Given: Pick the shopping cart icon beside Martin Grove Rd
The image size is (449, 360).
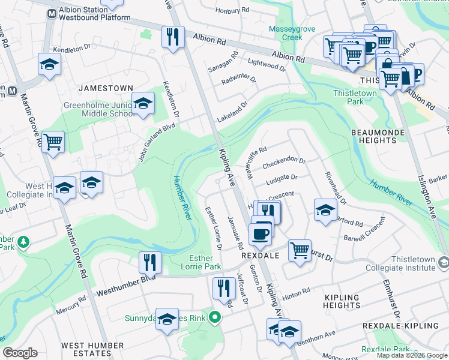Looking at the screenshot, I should pyautogui.click(x=53, y=142).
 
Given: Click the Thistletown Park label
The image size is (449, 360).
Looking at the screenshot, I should pyautogui.click(x=355, y=97).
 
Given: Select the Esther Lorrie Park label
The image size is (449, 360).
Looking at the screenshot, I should pyautogui.click(x=197, y=262).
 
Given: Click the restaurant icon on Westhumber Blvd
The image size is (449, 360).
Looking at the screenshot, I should pyautogui.click(x=150, y=263).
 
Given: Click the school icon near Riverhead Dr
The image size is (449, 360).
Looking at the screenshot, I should pyautogui.click(x=325, y=210).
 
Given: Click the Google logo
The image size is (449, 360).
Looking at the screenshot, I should pyautogui.click(x=20, y=353).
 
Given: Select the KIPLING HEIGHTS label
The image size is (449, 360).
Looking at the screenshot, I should pyautogui.click(x=342, y=302).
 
